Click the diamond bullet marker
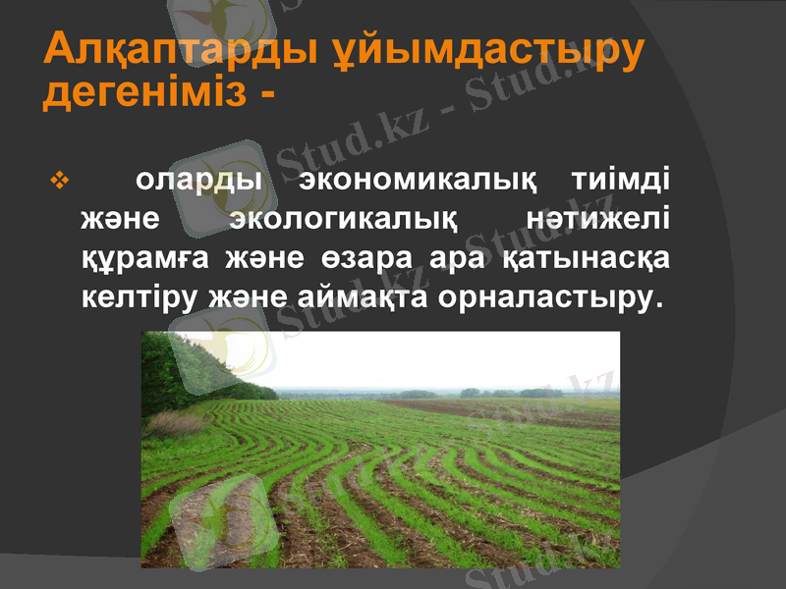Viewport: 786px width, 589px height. pos(55,182)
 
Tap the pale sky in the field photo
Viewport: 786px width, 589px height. pos(442,358)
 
